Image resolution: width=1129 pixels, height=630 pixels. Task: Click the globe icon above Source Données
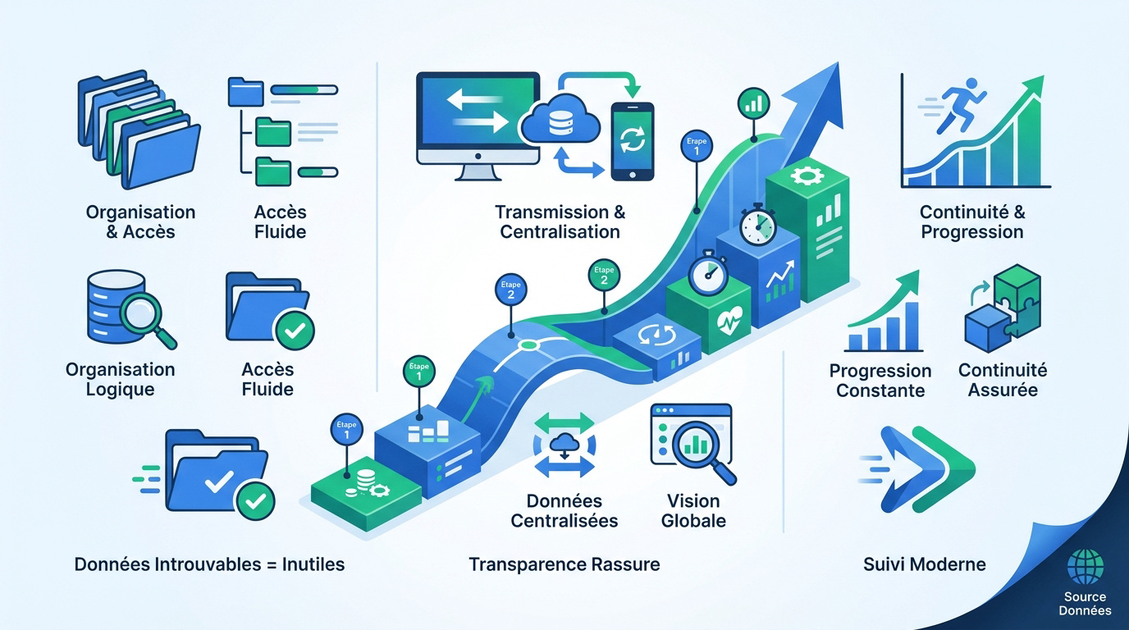coord(1086,568)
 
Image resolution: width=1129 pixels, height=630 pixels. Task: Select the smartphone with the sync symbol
coord(633,142)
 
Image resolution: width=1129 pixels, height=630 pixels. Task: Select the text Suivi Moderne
coord(925,564)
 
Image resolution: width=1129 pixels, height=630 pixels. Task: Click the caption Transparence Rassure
coord(564,564)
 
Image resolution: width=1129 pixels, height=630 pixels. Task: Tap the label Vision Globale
coord(693,510)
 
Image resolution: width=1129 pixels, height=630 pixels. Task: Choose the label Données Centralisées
coord(564,510)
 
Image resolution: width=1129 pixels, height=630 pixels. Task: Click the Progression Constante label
coord(880,381)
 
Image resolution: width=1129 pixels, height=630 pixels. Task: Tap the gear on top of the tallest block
coord(807,176)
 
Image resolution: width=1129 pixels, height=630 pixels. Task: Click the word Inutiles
coord(313,564)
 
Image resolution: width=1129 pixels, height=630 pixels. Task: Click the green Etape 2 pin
coord(604,275)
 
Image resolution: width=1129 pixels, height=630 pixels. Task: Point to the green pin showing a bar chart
coord(753,104)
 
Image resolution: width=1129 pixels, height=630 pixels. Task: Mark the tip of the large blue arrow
coord(839,62)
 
